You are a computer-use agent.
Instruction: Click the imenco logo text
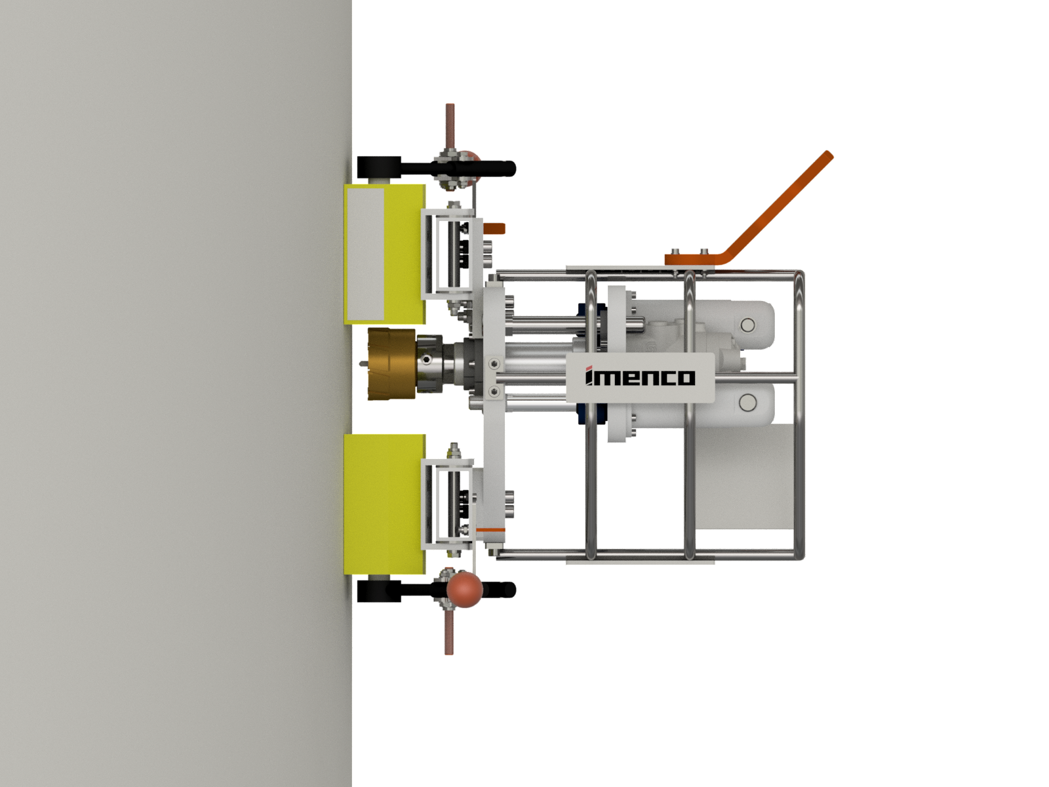[640, 377]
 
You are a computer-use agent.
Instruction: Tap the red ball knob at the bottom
[464, 589]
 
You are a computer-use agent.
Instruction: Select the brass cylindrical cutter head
[392, 364]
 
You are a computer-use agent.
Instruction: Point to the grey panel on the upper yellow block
[365, 252]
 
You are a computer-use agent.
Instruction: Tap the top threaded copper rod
[450, 128]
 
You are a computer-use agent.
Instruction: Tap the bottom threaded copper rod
[449, 633]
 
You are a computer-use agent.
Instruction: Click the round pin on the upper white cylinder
[747, 325]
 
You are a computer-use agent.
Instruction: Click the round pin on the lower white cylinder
[747, 402]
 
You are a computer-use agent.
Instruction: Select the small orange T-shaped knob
[496, 230]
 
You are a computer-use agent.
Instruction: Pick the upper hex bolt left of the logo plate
[494, 362]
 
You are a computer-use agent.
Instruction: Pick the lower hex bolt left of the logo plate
[494, 392]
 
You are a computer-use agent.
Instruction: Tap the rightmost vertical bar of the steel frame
[800, 413]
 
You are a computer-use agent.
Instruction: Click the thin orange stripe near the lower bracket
[490, 529]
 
